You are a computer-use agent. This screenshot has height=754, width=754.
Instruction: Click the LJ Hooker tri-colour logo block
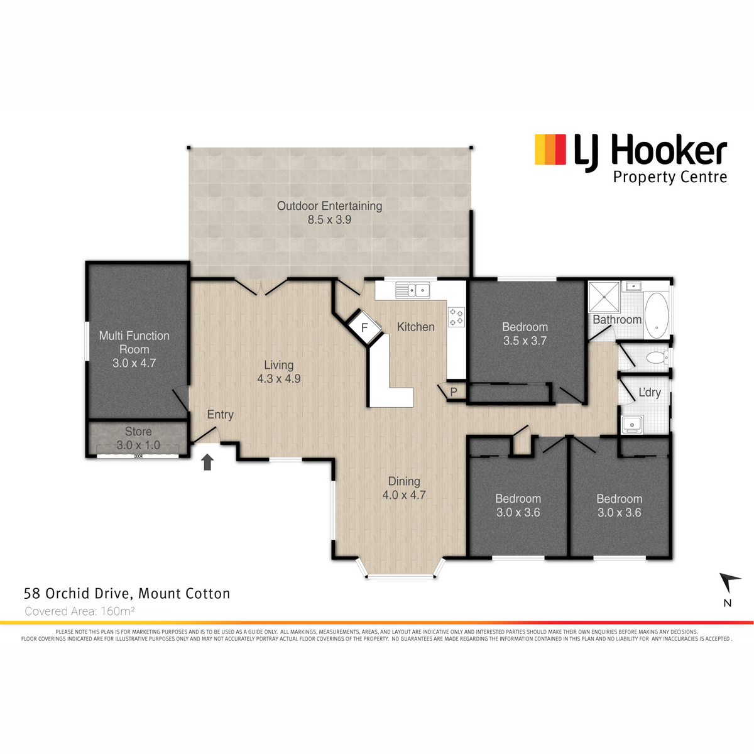point(550,149)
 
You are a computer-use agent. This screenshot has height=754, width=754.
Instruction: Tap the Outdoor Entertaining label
point(329,206)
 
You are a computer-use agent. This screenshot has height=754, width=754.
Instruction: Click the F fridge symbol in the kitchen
point(364,327)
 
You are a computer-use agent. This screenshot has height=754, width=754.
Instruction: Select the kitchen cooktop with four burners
point(456,317)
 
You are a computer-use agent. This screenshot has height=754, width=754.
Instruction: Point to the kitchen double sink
point(412,290)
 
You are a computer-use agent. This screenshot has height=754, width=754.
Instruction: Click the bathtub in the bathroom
point(657,316)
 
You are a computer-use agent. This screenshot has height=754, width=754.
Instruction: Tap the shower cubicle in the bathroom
point(604,297)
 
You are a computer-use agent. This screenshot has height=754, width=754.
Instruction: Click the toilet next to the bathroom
point(657,358)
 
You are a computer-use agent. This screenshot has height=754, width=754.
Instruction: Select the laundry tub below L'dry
point(632,425)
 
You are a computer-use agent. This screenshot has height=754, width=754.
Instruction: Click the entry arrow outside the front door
point(207,462)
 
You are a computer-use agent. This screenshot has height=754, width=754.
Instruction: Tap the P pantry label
point(454,392)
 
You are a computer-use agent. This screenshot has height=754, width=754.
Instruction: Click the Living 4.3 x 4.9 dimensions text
point(279,379)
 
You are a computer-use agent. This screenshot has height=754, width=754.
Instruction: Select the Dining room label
point(404,481)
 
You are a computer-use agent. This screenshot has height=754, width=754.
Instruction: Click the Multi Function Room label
point(134,342)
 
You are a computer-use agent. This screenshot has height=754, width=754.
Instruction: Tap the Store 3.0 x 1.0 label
point(138,438)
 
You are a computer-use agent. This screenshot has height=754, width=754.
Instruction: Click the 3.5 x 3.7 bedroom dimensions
point(525,341)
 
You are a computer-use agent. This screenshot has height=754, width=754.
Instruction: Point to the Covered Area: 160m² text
point(80,611)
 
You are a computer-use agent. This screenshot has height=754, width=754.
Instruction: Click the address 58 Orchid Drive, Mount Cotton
point(127,594)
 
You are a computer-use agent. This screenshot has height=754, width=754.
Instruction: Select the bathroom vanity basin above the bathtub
point(633,287)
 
